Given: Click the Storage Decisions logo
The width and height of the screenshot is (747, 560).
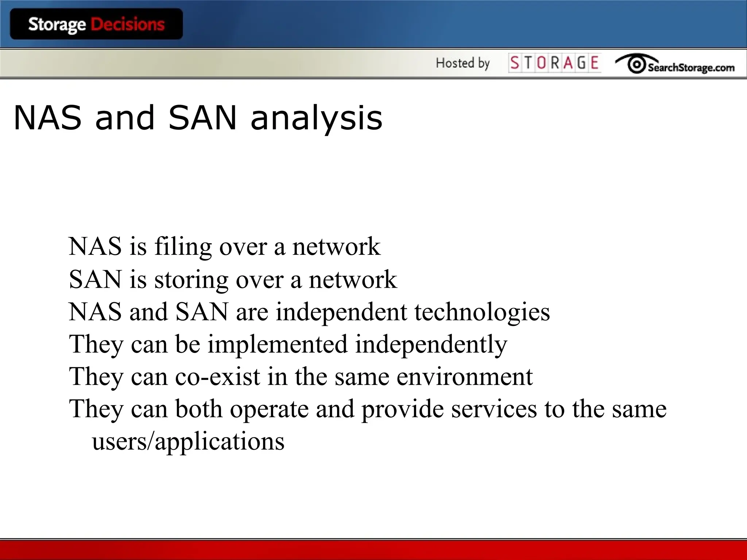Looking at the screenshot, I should [96, 24].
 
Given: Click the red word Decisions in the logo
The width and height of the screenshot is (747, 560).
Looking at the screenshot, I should [128, 24].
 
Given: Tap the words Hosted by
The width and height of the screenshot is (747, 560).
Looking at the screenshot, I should [462, 63].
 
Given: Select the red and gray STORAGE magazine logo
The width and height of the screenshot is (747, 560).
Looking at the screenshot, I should [554, 63].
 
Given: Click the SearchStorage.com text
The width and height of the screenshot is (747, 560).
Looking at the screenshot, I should [691, 67].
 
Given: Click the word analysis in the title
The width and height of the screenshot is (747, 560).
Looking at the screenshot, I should [317, 118].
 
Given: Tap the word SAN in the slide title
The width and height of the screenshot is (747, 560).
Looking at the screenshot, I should [203, 117].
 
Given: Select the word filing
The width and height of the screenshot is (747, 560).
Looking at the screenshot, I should [183, 247].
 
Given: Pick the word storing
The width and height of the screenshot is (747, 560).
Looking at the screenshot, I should [191, 280].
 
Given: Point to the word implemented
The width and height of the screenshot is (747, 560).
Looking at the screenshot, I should [278, 344].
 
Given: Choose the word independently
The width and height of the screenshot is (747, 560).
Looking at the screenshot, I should [431, 344].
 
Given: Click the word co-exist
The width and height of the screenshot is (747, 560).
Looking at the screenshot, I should [218, 377].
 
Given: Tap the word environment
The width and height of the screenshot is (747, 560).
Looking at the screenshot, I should [464, 377].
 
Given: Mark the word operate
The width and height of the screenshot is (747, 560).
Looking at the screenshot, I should [269, 409].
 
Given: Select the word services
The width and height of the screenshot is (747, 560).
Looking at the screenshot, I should [494, 409].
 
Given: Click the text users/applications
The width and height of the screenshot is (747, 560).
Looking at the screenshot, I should [188, 442].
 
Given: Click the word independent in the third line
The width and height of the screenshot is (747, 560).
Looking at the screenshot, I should [341, 312].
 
